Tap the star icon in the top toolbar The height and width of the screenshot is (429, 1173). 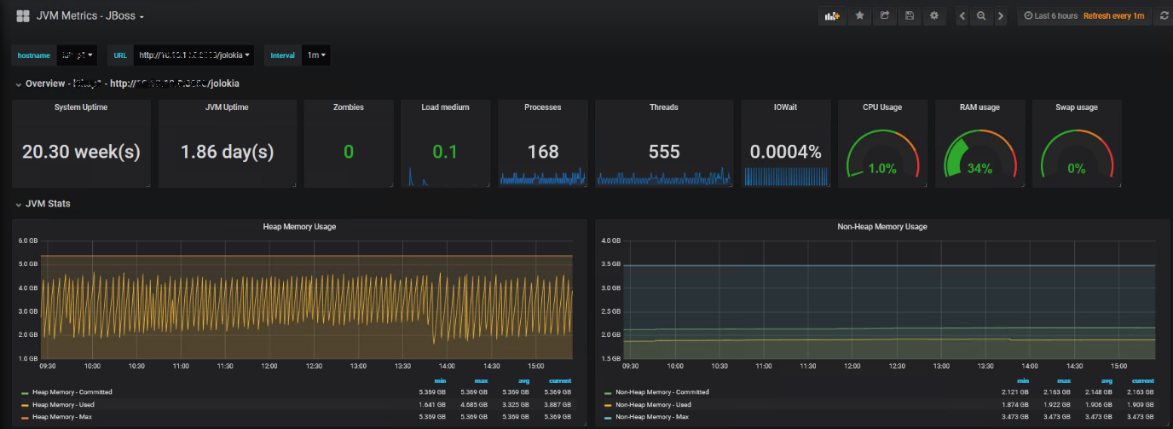click(860, 16)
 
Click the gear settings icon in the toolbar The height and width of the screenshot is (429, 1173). click(934, 16)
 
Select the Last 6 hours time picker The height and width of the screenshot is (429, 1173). click(1050, 16)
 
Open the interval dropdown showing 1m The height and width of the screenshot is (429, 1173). click(316, 55)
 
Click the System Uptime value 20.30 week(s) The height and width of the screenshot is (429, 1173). click(81, 152)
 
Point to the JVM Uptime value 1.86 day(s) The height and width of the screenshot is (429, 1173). click(227, 152)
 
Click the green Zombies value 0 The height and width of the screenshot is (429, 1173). click(348, 152)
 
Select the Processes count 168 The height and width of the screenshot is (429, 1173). click(542, 152)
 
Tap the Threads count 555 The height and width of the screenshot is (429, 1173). click(663, 152)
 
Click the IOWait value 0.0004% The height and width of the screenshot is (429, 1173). click(785, 152)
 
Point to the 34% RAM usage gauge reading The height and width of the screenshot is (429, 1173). click(979, 169)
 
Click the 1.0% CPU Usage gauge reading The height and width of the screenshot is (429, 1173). click(881, 169)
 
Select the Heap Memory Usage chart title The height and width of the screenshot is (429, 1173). click(301, 227)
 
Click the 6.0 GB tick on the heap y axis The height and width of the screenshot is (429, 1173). click(27, 241)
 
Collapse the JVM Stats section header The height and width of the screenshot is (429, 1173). click(48, 204)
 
